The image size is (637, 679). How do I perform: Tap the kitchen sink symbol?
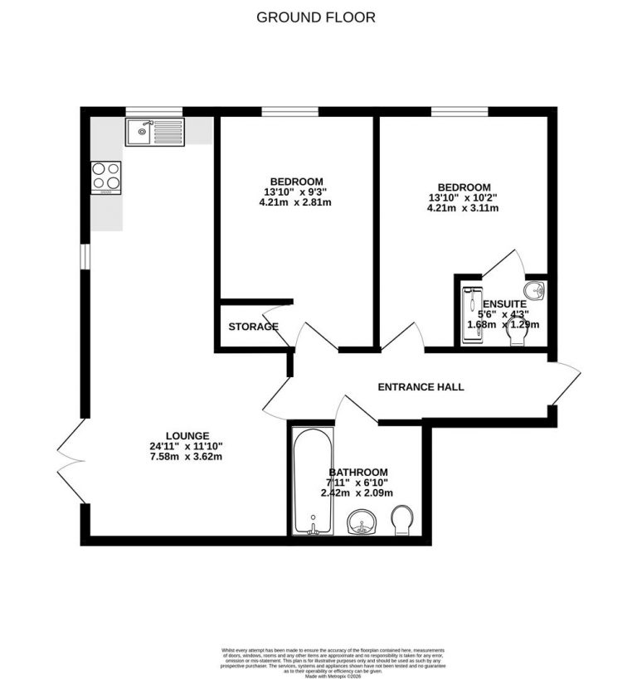(154, 132)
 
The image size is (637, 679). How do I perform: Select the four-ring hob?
(106, 176)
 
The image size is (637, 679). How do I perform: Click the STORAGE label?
(253, 327)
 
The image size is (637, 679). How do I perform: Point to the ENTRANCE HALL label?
(421, 387)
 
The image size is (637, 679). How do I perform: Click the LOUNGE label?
(187, 435)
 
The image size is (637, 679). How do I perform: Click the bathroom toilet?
(402, 518)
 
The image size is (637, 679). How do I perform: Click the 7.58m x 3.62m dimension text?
(187, 456)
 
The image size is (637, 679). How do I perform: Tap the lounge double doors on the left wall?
(71, 460)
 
